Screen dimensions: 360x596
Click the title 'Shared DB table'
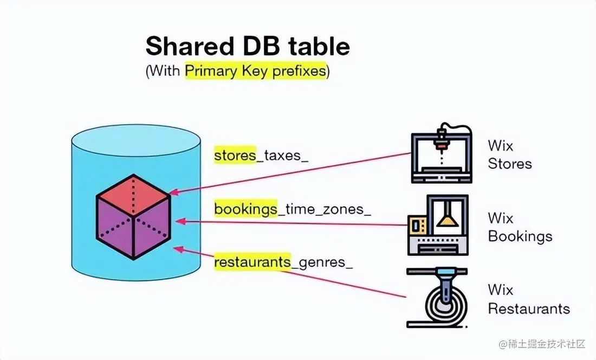click(247, 47)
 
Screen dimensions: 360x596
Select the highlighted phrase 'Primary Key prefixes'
click(256, 72)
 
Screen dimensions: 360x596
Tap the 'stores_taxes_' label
click(261, 156)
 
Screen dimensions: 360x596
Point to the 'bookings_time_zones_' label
click(293, 209)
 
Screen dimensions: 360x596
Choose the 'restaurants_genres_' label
click(283, 262)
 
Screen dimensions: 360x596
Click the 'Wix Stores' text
click(509, 155)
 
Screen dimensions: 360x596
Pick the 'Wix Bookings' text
click(520, 227)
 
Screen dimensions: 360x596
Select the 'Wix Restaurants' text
click(528, 299)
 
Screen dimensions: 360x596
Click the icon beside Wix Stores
click(441, 154)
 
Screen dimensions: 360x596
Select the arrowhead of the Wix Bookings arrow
click(179, 221)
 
